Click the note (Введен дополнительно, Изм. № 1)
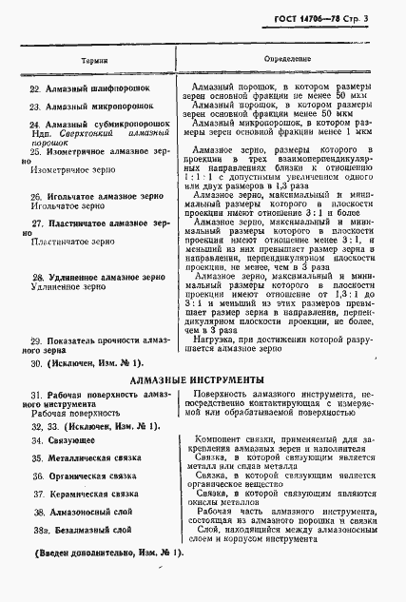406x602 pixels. (x=110, y=553)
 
